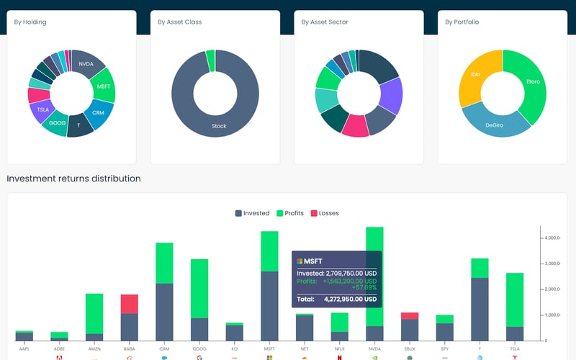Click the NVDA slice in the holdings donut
click(x=86, y=63)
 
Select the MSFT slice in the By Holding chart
click(x=103, y=86)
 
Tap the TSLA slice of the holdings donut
click(x=40, y=110)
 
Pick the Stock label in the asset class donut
click(x=219, y=126)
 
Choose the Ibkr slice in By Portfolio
click(x=476, y=75)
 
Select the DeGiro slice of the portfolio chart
click(x=494, y=124)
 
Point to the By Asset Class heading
click(x=179, y=22)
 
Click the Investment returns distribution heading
click(x=73, y=179)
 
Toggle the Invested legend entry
click(x=252, y=213)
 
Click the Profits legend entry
click(x=289, y=213)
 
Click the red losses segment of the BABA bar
click(x=130, y=304)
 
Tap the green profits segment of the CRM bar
click(x=164, y=263)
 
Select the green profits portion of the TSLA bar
click(x=515, y=300)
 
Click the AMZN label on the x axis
click(x=94, y=348)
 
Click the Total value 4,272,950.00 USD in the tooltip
click(x=350, y=299)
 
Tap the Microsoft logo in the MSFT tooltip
click(x=300, y=261)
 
